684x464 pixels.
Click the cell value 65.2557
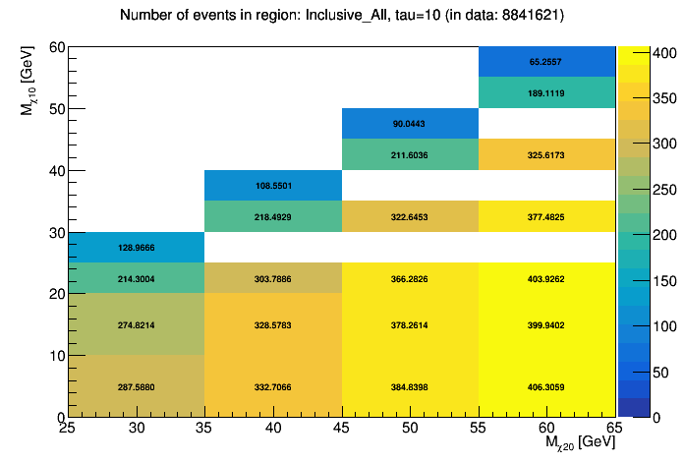pyautogui.click(x=546, y=62)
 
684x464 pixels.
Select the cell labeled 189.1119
pyautogui.click(x=546, y=93)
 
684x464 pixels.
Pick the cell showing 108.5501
pyautogui.click(x=273, y=186)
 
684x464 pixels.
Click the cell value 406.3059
pyautogui.click(x=546, y=387)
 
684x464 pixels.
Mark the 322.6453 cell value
pyautogui.click(x=410, y=216)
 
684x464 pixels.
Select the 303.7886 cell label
pyautogui.click(x=273, y=279)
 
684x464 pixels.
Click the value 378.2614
pyautogui.click(x=410, y=324)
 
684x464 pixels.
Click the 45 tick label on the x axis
pyautogui.click(x=342, y=430)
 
